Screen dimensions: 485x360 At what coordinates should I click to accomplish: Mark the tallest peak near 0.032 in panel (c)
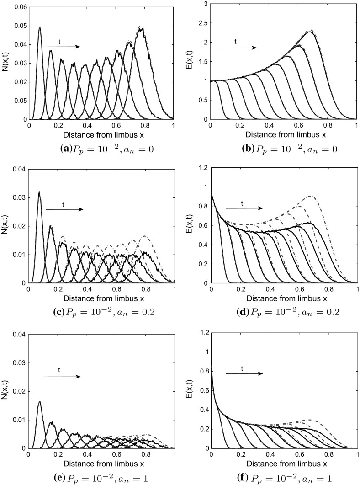pyautogui.click(x=39, y=192)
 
